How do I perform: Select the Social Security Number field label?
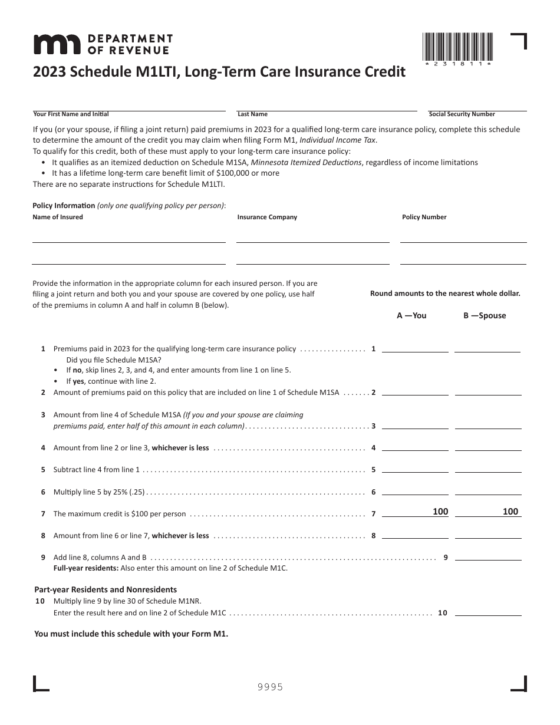(x=462, y=114)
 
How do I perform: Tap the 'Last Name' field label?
(x=252, y=114)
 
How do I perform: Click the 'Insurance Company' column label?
(x=267, y=217)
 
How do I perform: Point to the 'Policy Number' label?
(x=424, y=217)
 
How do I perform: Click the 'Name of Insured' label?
(x=58, y=217)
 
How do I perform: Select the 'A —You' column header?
(x=411, y=315)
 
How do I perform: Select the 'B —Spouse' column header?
(x=485, y=315)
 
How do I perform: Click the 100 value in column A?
(x=440, y=512)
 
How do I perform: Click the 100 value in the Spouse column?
(x=510, y=512)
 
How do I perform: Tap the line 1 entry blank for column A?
(x=415, y=348)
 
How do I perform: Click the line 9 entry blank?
(x=488, y=556)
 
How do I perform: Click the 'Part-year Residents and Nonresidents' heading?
(x=106, y=589)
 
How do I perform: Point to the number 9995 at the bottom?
(x=271, y=687)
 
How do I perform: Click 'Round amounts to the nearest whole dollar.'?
(x=445, y=294)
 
